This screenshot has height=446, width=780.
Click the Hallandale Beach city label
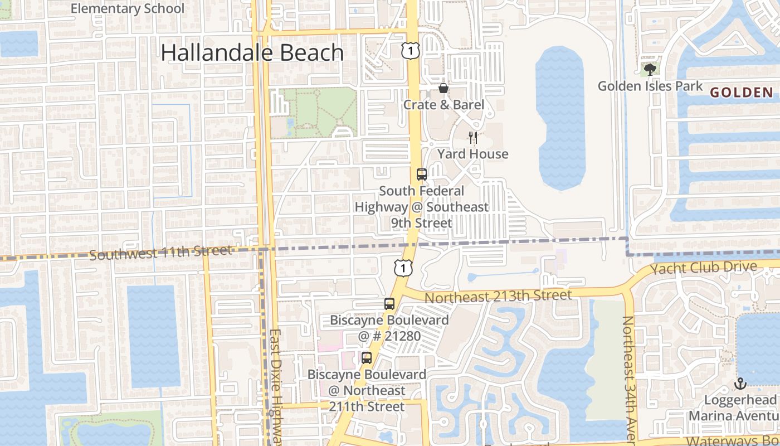pyautogui.click(x=252, y=52)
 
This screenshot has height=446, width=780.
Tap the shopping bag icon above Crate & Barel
pyautogui.click(x=443, y=88)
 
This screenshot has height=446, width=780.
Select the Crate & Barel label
pyautogui.click(x=443, y=105)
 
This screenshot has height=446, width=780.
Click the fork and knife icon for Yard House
pyautogui.click(x=473, y=138)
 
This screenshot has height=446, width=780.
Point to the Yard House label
pyautogui.click(x=473, y=154)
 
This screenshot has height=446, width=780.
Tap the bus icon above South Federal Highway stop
pyautogui.click(x=422, y=174)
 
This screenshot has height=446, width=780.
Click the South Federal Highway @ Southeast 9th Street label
pyautogui.click(x=422, y=207)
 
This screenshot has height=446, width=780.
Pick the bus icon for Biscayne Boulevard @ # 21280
pyautogui.click(x=389, y=304)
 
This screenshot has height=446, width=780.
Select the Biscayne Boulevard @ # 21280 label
pyautogui.click(x=389, y=328)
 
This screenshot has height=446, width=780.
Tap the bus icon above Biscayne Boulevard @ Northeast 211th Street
pyautogui.click(x=367, y=358)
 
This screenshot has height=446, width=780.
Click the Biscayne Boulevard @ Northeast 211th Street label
pyautogui.click(x=367, y=390)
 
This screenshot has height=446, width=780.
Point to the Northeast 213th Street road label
pyautogui.click(x=498, y=297)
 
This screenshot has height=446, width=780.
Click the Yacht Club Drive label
pyautogui.click(x=704, y=268)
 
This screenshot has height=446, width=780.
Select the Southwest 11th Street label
pyautogui.click(x=160, y=253)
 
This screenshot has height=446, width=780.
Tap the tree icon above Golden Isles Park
pyautogui.click(x=650, y=70)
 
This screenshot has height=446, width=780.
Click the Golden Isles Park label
pyautogui.click(x=650, y=86)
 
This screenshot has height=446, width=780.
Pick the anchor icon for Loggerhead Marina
pyautogui.click(x=740, y=384)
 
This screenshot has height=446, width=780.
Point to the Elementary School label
pyautogui.click(x=128, y=9)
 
